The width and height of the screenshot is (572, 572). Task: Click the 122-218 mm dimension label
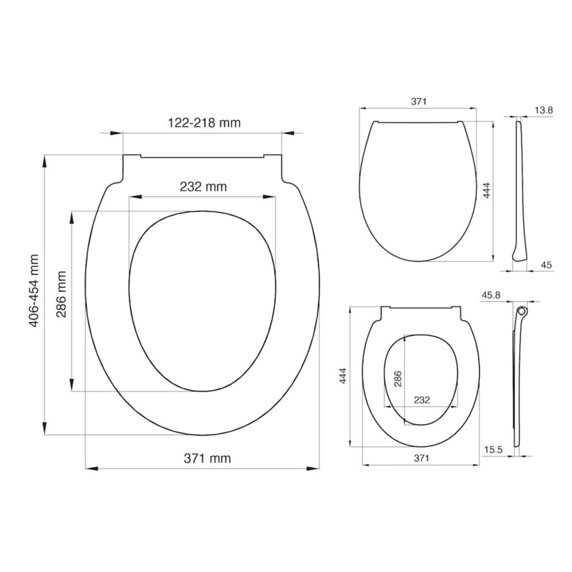(204, 122)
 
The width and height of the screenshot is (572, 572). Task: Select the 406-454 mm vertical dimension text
(34, 290)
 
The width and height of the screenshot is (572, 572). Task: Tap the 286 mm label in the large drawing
(61, 294)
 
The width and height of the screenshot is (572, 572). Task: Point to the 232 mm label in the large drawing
(203, 187)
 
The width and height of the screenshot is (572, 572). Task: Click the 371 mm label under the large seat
(207, 458)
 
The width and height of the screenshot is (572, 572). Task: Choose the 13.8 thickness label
(544, 110)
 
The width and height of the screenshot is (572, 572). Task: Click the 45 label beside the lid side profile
(546, 265)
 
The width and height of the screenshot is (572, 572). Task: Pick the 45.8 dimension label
(490, 295)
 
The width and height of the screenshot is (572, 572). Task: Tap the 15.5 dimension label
(493, 450)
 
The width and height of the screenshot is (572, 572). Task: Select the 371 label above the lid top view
(419, 102)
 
